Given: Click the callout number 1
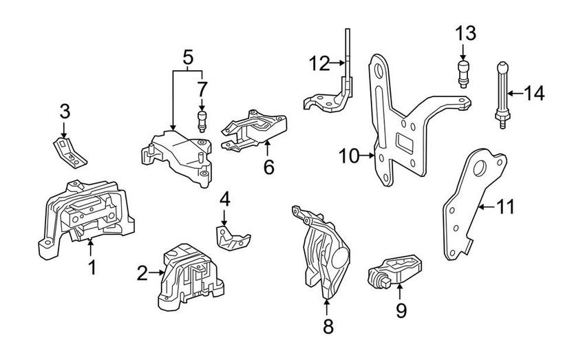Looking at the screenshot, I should pyautogui.click(x=91, y=266).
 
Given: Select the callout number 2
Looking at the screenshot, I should pyautogui.click(x=142, y=274).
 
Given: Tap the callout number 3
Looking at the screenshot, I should pyautogui.click(x=63, y=111).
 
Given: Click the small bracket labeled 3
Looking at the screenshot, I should pyautogui.click(x=70, y=152).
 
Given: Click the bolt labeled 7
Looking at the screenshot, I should pyautogui.click(x=202, y=120).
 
